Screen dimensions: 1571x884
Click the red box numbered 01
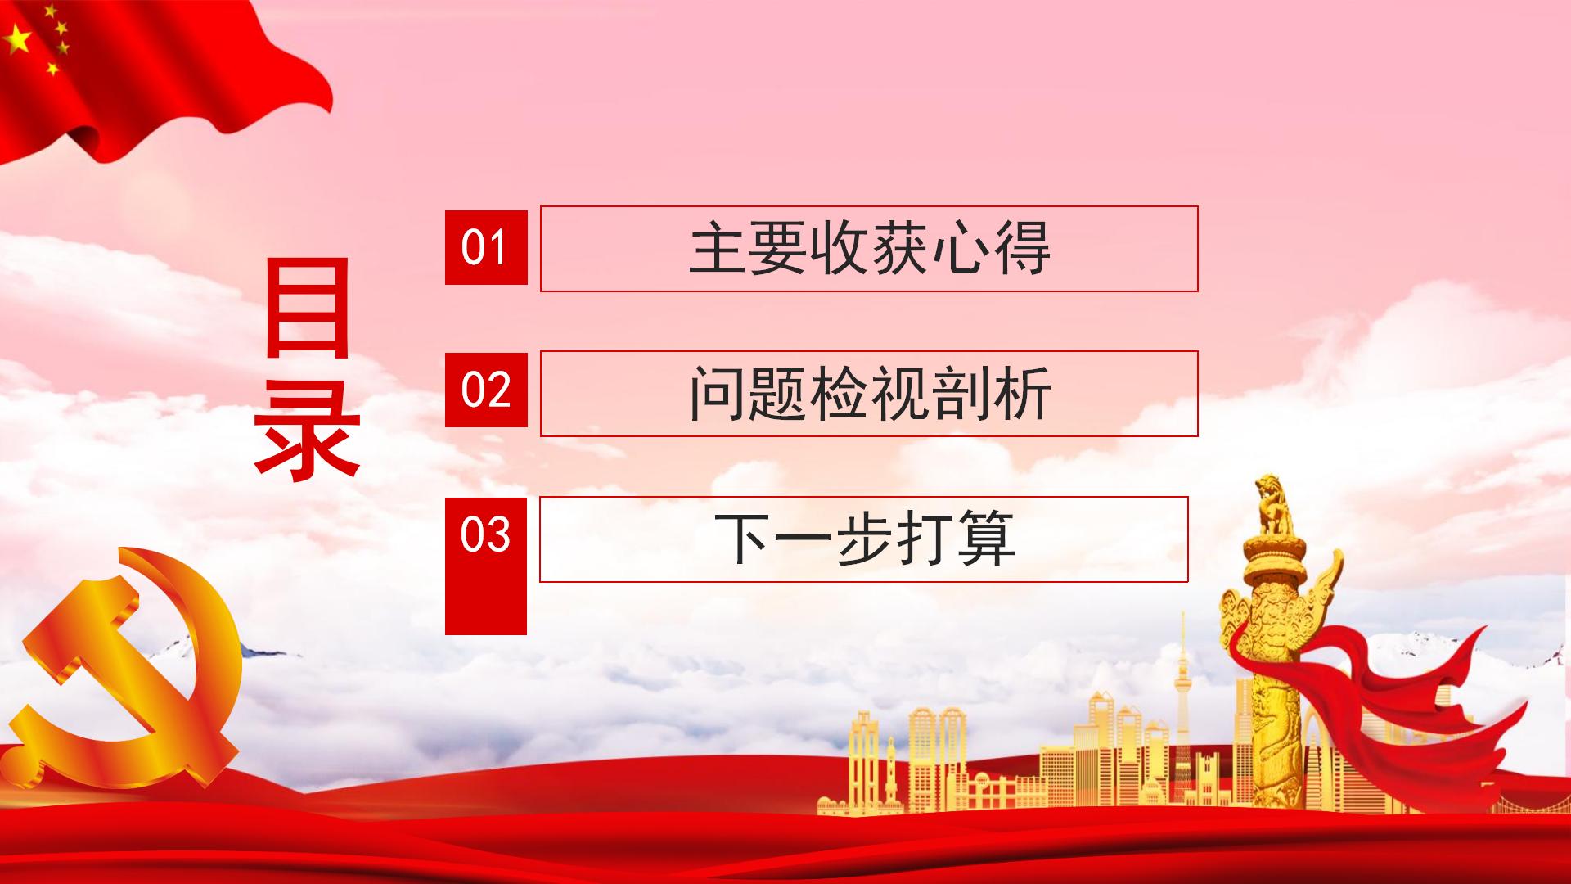point(486,247)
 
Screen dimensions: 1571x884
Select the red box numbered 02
point(486,390)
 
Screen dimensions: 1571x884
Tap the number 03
point(485,534)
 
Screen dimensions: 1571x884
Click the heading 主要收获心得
point(869,249)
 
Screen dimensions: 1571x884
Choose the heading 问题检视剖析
point(869,394)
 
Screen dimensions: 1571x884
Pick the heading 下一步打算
point(864,539)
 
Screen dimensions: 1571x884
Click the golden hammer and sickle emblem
point(123,667)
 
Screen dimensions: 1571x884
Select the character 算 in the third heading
point(985,539)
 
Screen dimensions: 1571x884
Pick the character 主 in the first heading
point(718,249)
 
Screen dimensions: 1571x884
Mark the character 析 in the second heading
point(1021,394)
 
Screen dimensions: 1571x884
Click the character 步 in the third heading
point(864,539)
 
